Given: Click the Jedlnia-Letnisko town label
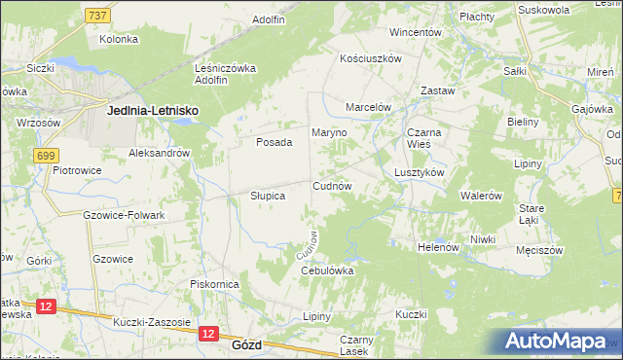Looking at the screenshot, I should tap(152, 112).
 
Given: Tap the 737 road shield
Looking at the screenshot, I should tap(96, 16).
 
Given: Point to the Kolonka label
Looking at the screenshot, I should tap(119, 39).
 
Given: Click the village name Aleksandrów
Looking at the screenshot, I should tap(159, 153).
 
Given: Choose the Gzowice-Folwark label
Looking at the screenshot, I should tap(124, 215).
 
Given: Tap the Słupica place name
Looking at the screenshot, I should tap(262, 196).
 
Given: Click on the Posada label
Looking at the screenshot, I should tap(274, 142).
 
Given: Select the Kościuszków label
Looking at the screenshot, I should tap(370, 58).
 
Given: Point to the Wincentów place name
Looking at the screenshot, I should tap(416, 32).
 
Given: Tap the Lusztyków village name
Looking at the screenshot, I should tap(420, 171).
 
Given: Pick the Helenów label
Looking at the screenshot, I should tap(437, 247).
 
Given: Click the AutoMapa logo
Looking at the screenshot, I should tap(560, 342).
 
